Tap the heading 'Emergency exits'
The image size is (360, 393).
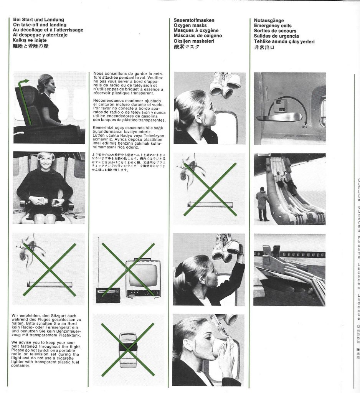(272, 26)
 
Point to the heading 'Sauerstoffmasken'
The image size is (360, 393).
(194, 20)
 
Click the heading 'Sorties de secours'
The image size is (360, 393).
(275, 31)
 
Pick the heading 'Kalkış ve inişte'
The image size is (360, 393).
(30, 40)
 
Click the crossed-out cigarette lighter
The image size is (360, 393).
(128, 350)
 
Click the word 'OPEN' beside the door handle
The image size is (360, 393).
(304, 126)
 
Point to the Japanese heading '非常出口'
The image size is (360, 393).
(264, 47)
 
